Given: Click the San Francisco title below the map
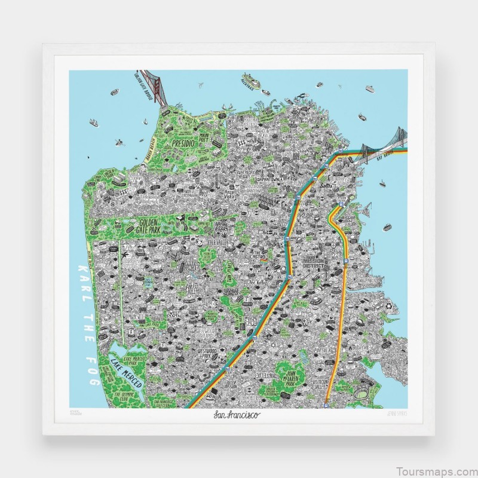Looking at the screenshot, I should (x=238, y=414).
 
